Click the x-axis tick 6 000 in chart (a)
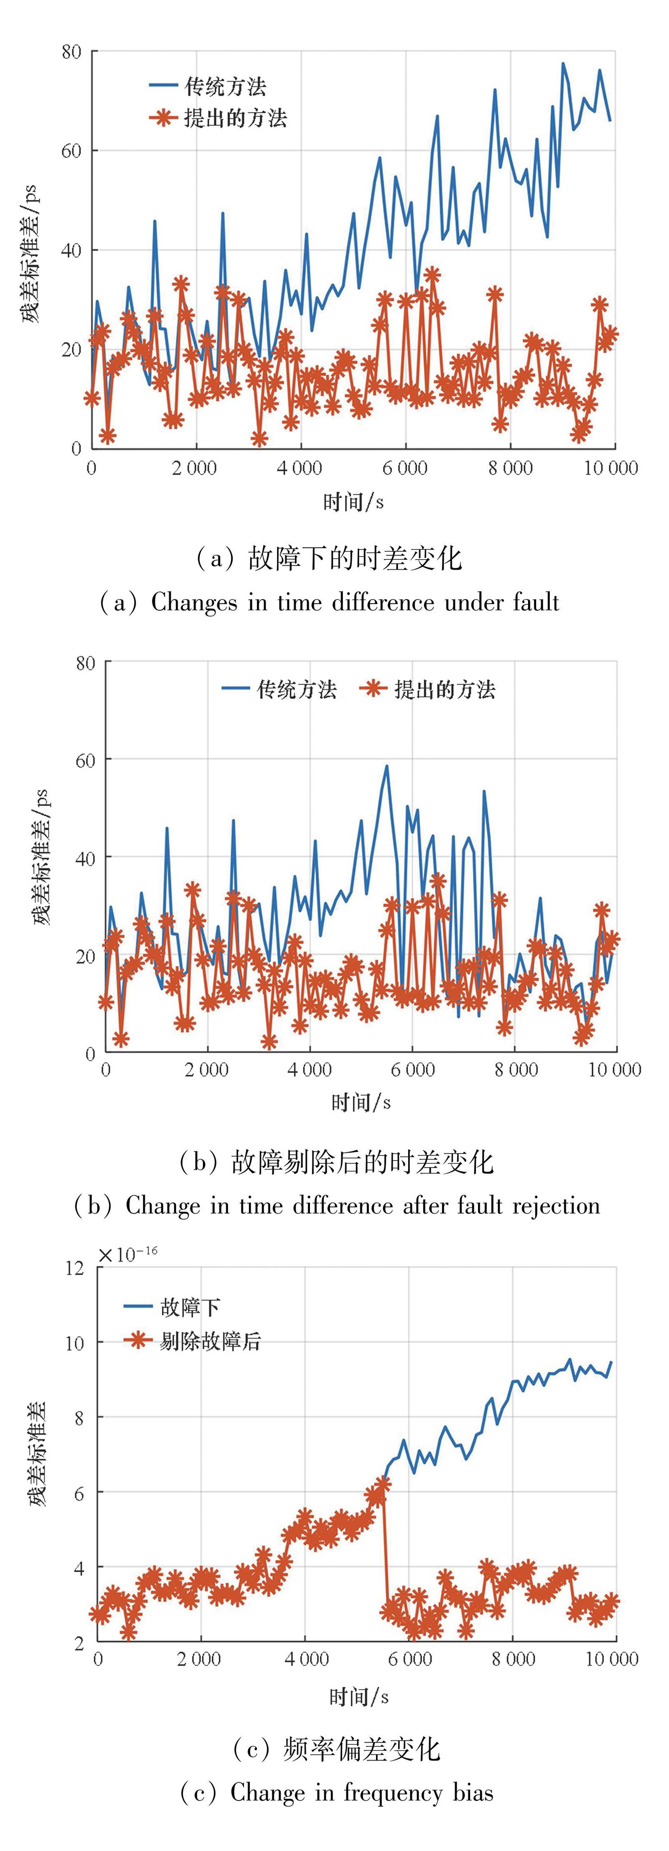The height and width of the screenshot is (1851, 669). pyautogui.click(x=405, y=468)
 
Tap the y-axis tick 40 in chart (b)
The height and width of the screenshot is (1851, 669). pyautogui.click(x=85, y=859)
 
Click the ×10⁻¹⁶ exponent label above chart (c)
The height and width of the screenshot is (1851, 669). pyautogui.click(x=128, y=1255)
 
